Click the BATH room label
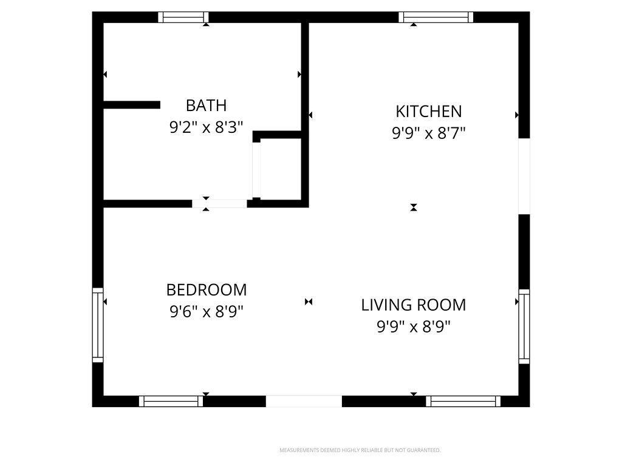[x=207, y=106]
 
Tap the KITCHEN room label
[x=429, y=112]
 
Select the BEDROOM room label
[x=207, y=290]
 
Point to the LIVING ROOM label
[x=413, y=305]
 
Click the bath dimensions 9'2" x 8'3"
[x=207, y=127]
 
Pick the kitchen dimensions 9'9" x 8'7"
[x=429, y=133]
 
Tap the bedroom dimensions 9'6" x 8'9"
[x=207, y=312]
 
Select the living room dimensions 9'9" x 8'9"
[x=413, y=327]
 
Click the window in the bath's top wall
[x=183, y=18]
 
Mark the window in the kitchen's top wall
[x=436, y=18]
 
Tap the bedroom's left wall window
[x=98, y=325]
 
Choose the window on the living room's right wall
[x=524, y=326]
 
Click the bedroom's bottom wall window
[x=171, y=401]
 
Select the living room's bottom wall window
[x=463, y=401]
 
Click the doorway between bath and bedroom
[x=219, y=204]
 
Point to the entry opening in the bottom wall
[x=304, y=401]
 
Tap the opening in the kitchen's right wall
[x=524, y=177]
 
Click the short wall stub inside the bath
[x=132, y=105]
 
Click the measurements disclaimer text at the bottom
[x=360, y=450]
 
